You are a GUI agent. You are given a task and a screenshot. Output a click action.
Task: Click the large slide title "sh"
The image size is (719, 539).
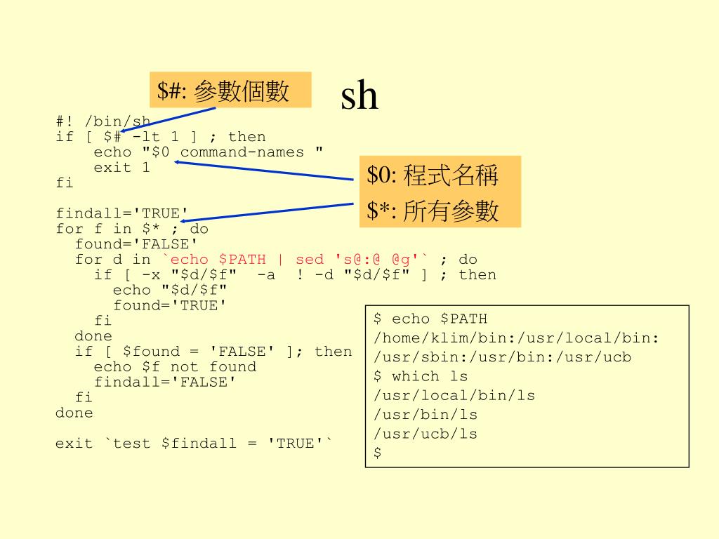[359, 96]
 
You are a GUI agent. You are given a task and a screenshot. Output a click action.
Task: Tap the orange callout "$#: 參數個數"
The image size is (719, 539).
[230, 91]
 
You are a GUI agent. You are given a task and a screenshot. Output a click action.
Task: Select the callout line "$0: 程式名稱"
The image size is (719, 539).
[432, 175]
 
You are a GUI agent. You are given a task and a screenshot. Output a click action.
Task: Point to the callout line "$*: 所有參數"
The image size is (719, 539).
[432, 211]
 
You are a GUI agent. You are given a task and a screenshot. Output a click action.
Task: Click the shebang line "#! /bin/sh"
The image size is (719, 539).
[103, 121]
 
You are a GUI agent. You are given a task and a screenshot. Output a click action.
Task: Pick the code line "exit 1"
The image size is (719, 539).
[121, 168]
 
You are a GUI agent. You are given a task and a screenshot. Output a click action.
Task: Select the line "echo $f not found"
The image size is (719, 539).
[175, 367]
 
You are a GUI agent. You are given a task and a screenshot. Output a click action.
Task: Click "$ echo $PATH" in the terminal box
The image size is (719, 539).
[430, 319]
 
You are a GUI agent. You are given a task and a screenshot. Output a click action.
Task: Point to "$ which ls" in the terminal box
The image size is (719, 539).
[421, 376]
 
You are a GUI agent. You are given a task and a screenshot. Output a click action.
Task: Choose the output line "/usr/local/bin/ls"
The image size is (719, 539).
[454, 396]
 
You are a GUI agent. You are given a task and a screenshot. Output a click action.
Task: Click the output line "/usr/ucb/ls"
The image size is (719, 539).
[426, 434]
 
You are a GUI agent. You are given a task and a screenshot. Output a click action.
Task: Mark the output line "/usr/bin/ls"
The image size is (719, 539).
[426, 415]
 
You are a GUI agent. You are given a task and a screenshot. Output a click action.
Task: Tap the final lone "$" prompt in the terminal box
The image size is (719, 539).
[378, 453]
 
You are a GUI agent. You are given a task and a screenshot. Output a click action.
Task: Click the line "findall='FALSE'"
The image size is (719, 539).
[165, 382]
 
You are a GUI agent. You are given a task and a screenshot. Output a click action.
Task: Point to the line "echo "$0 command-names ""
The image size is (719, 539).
[209, 152]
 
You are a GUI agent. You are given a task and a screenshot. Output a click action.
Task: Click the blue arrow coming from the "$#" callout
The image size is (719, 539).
[169, 119]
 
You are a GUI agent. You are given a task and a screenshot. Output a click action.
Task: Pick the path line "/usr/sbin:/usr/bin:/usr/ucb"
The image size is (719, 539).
[502, 357]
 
